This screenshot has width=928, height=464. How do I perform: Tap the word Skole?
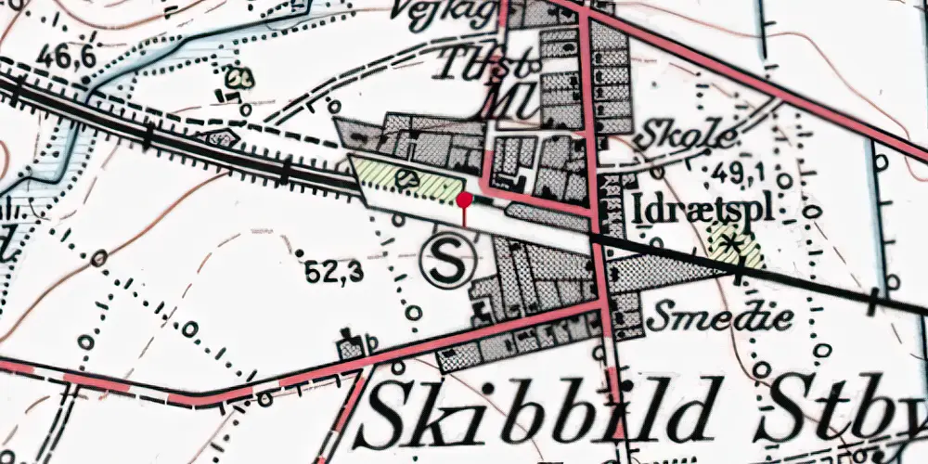[x=687, y=138]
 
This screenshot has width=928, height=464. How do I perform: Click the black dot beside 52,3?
[x=301, y=252]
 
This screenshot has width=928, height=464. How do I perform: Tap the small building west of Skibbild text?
[x=351, y=345]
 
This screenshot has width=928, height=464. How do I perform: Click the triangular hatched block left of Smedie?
[x=668, y=269]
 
